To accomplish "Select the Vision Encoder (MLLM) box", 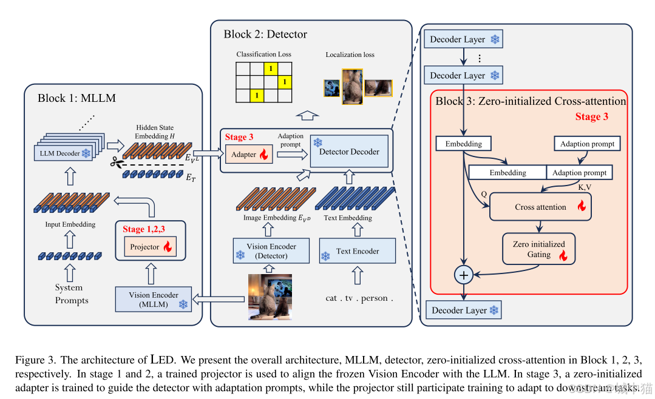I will click(x=153, y=300).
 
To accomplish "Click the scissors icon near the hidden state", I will click(x=115, y=163).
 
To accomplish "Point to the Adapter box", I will click(x=248, y=155).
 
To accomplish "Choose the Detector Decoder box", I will click(x=348, y=151).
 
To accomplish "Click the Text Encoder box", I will click(x=358, y=251).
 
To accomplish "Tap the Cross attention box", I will click(x=540, y=207).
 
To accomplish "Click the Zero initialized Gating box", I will click(x=539, y=249).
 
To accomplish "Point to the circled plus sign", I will click(x=464, y=275).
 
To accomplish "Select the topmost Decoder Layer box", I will click(x=464, y=39).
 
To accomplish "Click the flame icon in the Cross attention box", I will click(x=581, y=207).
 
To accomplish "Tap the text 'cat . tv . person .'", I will click(x=359, y=298).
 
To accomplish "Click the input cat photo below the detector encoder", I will click(x=270, y=297).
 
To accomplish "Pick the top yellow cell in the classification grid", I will click(x=271, y=67).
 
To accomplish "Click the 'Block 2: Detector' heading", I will click(x=265, y=34).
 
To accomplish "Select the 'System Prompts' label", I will click(x=72, y=294).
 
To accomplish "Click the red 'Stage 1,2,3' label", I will click(x=143, y=229).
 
